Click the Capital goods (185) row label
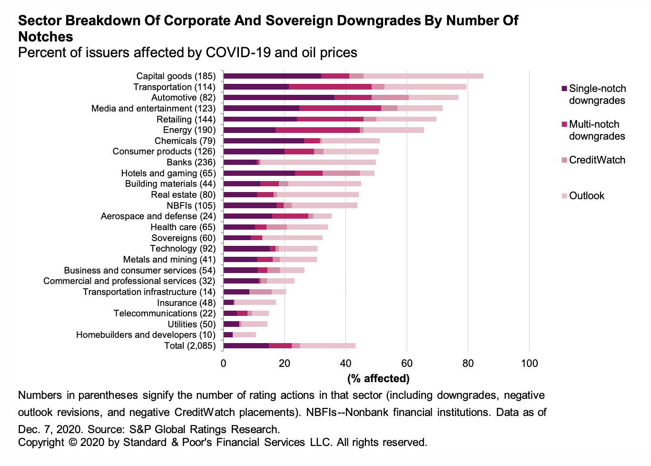[x=176, y=76]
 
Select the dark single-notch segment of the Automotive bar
[x=279, y=98]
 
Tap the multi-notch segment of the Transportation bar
[x=330, y=87]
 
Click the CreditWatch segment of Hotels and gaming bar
[x=341, y=173]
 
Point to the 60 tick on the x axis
[x=407, y=364]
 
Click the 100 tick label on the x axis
[x=529, y=364]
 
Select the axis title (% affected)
[x=378, y=379]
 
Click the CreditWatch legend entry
[x=597, y=160]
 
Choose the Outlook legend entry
[x=586, y=196]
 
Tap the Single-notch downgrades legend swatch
[x=564, y=89]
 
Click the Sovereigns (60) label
[x=183, y=238]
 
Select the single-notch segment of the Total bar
[x=246, y=346]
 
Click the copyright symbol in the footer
[x=72, y=443]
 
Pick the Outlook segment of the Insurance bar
[x=256, y=303]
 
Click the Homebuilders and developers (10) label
[x=146, y=335]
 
